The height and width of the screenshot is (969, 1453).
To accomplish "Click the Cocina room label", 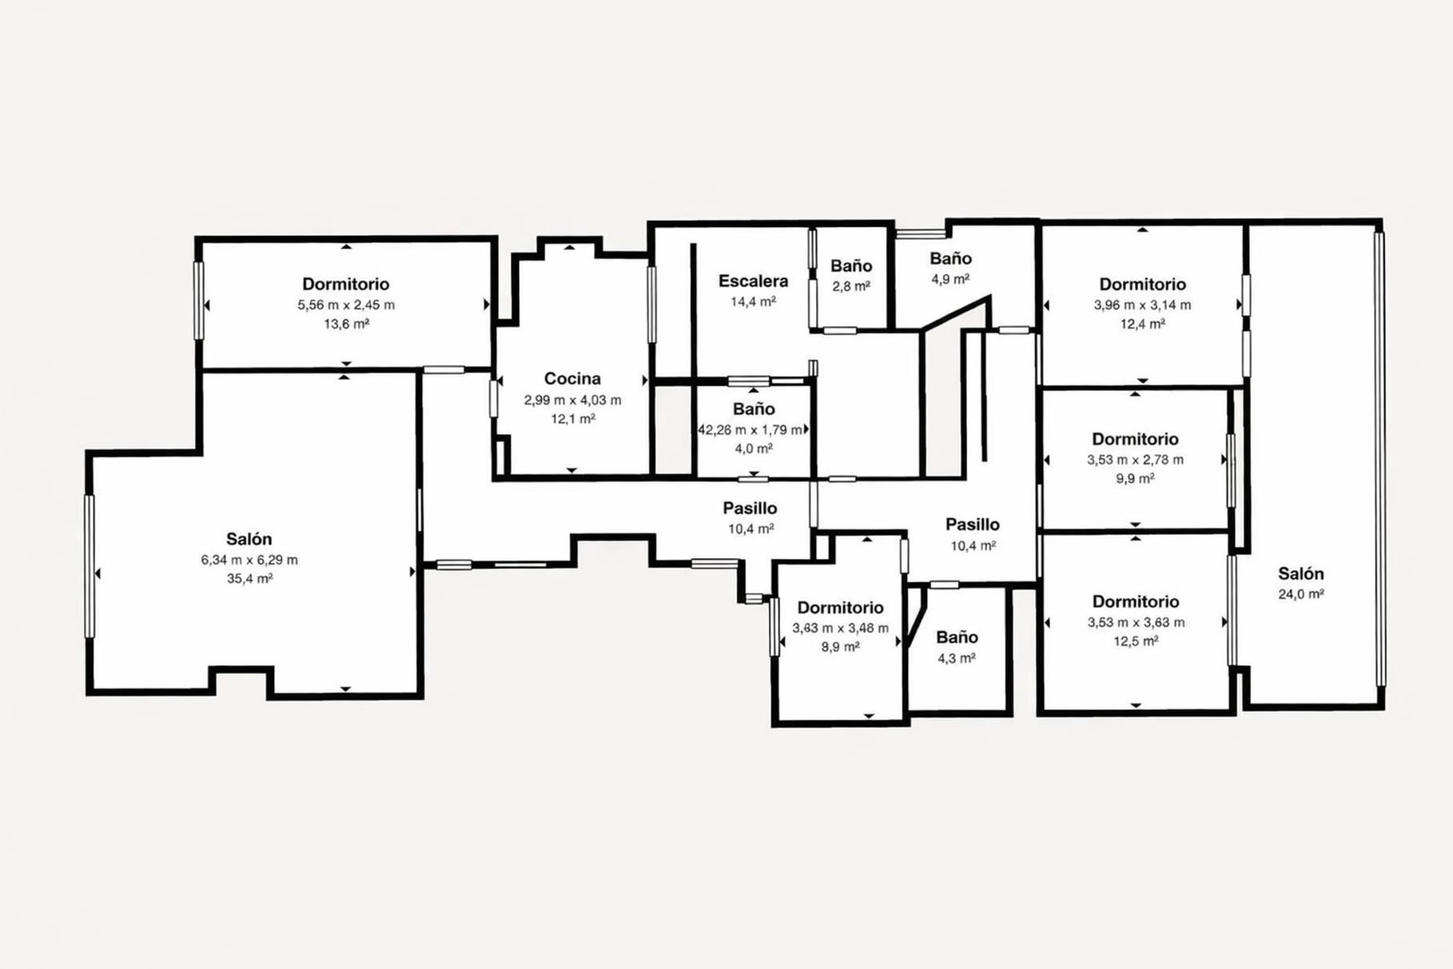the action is click(572, 379).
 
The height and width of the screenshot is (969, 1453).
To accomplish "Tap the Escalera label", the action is click(753, 281).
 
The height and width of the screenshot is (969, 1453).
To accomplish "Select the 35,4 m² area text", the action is click(249, 579).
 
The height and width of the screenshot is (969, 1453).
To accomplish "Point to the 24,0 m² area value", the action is click(1301, 594).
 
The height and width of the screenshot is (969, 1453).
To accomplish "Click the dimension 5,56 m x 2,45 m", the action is click(346, 305).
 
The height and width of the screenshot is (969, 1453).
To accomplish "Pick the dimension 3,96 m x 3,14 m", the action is click(1142, 305).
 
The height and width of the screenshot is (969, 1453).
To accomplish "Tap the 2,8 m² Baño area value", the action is click(851, 285).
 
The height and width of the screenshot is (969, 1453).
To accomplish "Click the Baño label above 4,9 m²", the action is click(950, 258).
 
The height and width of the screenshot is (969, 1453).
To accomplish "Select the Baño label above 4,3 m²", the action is click(957, 637).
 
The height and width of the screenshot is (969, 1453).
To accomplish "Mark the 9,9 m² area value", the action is click(1135, 479).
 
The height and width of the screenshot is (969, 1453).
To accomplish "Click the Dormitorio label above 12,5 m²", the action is click(1136, 601).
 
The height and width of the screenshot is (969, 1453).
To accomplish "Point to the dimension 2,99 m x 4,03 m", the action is click(572, 400).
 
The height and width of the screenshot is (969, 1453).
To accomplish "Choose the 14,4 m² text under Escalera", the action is click(753, 301).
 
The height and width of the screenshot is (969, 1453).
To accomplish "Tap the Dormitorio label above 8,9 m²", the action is click(840, 608).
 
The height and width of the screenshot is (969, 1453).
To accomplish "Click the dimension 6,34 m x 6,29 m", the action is click(249, 560).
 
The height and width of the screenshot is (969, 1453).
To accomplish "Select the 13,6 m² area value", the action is click(346, 324).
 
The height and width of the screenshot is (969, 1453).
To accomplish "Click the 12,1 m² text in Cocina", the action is click(572, 419).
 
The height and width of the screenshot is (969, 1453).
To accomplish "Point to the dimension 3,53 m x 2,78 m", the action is click(1135, 460).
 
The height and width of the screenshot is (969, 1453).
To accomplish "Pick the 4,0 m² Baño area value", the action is click(754, 449).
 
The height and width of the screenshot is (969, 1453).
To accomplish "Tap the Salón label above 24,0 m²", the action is click(1301, 573).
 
